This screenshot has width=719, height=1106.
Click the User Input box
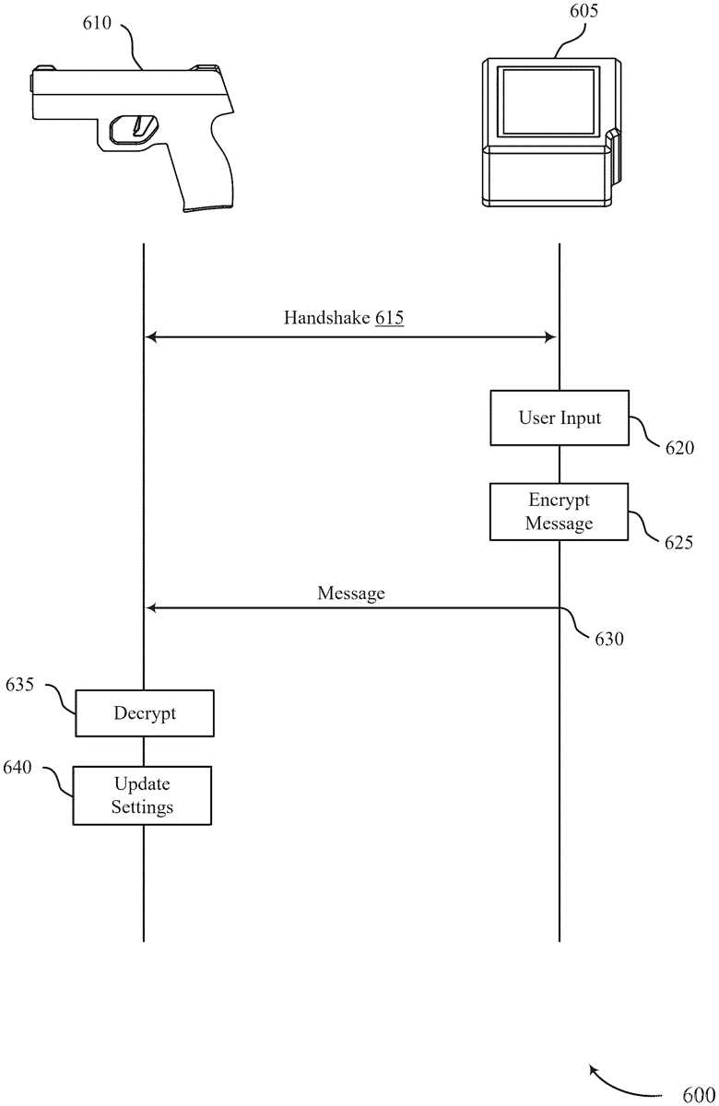click(x=559, y=418)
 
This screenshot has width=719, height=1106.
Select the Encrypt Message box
click(x=559, y=512)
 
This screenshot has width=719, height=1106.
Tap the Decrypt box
click(x=145, y=713)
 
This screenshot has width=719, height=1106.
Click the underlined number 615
click(x=389, y=319)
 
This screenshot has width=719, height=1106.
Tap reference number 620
click(x=680, y=448)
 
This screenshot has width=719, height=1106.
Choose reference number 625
click(x=679, y=542)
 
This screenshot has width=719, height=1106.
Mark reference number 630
click(x=608, y=638)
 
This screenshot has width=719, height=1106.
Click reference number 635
click(x=20, y=685)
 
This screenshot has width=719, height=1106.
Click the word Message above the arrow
click(x=351, y=594)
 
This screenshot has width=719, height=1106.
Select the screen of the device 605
click(x=548, y=99)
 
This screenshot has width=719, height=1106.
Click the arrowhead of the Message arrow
click(x=152, y=608)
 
